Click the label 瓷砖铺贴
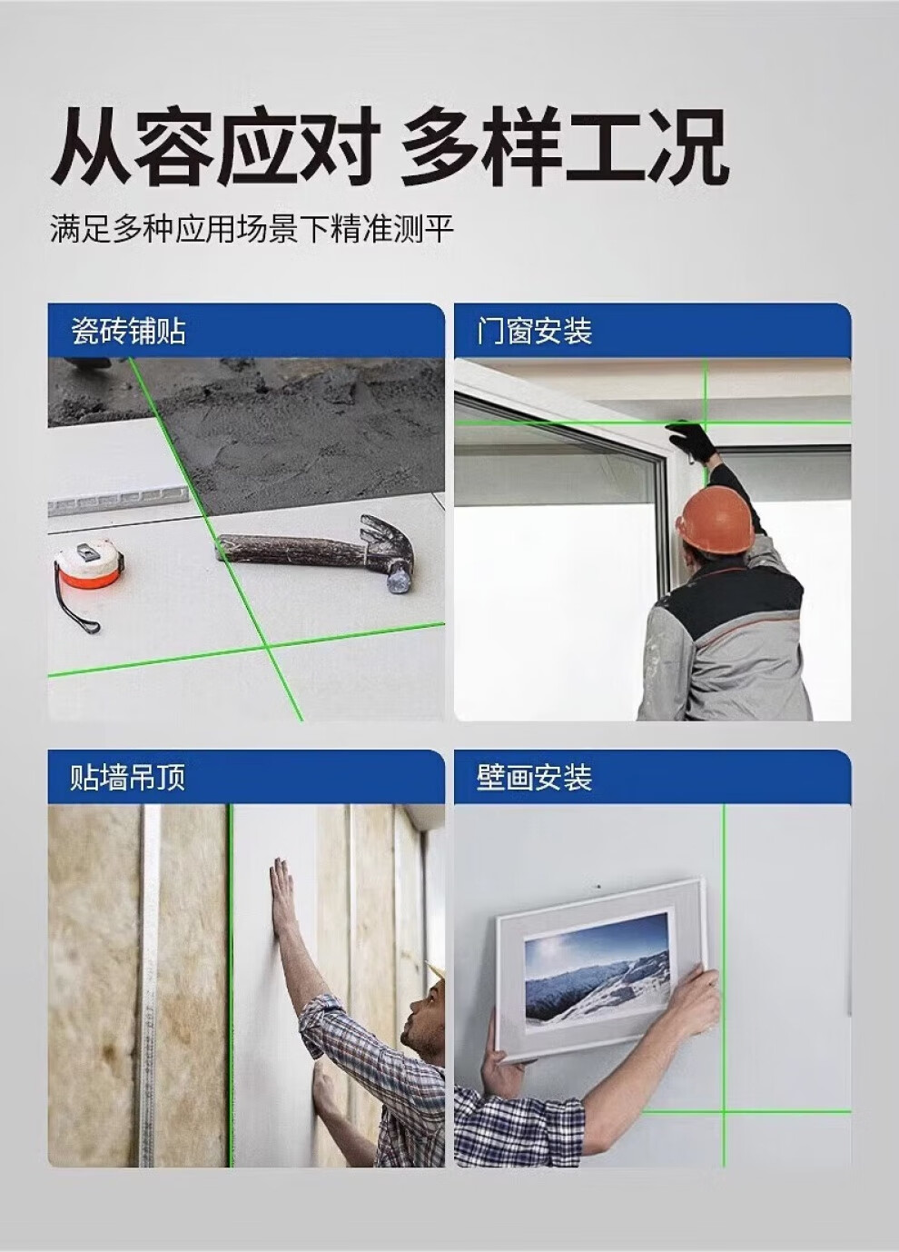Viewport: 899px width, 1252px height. coord(128,331)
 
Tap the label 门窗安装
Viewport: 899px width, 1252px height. coord(534,331)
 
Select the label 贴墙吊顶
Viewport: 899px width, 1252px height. coord(128,778)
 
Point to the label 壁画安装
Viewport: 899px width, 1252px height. coord(534,778)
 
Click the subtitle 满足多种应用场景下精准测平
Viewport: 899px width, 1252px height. coord(252,229)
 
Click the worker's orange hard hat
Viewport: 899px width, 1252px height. coord(715,517)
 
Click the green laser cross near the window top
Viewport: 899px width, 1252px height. coord(706,423)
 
